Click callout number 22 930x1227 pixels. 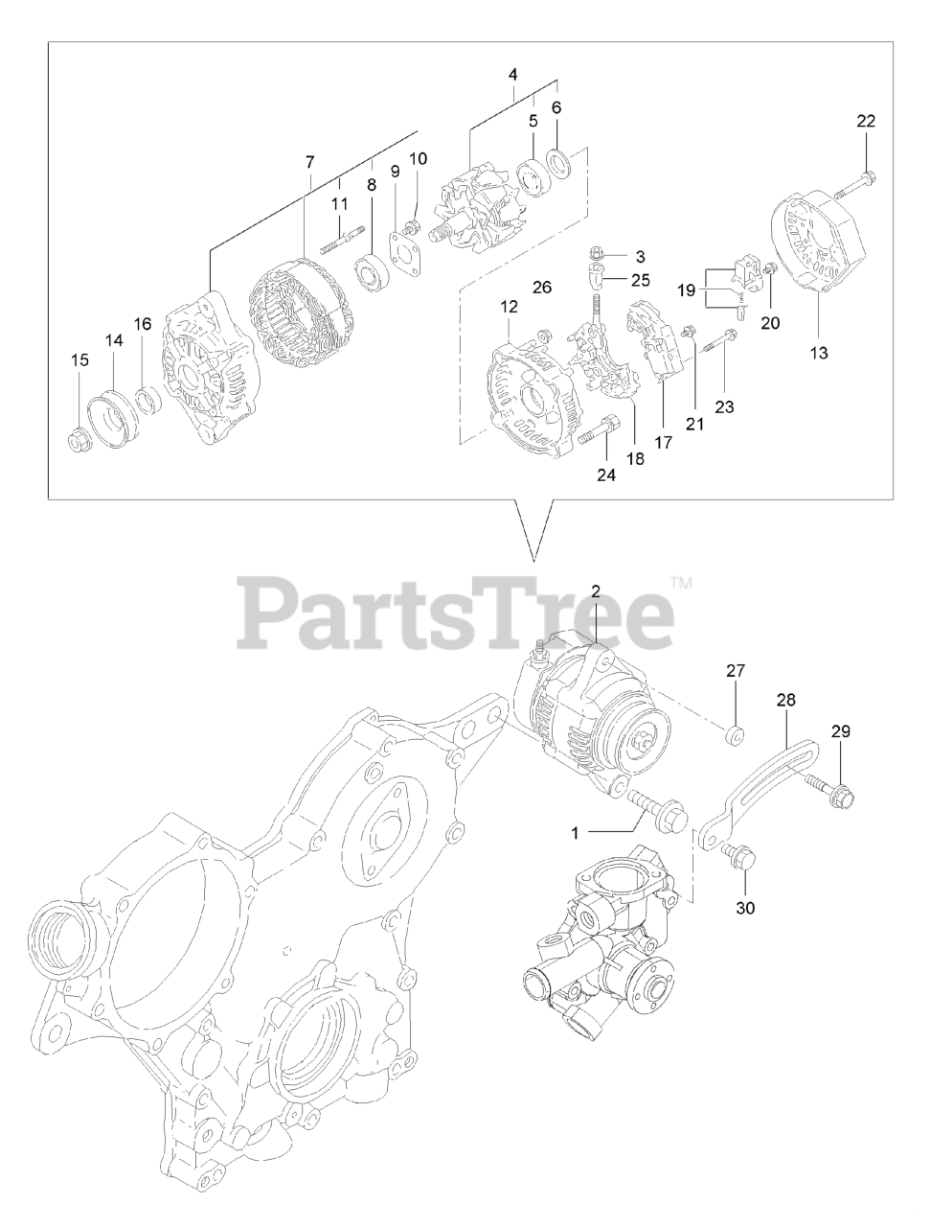click(x=866, y=121)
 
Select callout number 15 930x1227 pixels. click(x=79, y=360)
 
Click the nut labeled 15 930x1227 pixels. click(x=79, y=441)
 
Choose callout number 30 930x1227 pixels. click(x=745, y=907)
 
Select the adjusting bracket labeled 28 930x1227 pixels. click(x=757, y=787)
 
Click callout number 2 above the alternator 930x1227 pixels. click(x=595, y=592)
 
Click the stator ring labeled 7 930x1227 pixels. click(x=300, y=305)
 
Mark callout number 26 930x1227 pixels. click(x=542, y=287)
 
